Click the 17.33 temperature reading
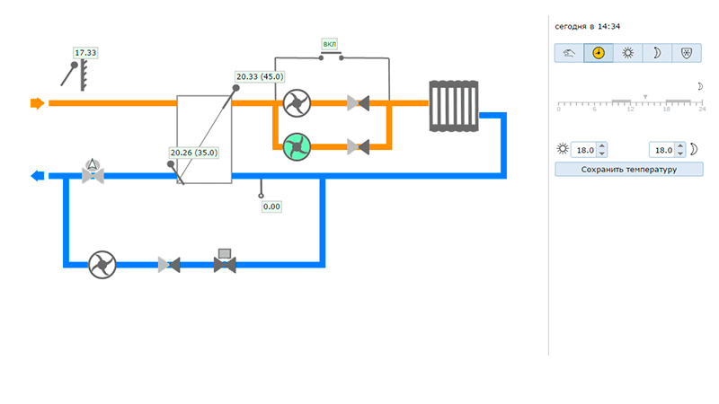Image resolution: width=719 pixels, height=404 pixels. (x=85, y=53)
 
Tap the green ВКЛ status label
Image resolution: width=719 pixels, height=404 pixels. (x=330, y=43)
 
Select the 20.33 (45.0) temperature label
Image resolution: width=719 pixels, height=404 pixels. (x=260, y=77)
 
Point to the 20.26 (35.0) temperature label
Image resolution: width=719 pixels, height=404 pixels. (x=194, y=153)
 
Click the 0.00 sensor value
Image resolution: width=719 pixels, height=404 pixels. (x=271, y=206)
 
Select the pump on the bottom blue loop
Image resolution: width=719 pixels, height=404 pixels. (x=102, y=264)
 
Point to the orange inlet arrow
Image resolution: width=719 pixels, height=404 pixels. (x=37, y=103)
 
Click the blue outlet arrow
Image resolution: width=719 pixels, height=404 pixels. (x=37, y=176)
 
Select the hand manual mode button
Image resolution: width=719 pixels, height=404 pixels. (x=569, y=53)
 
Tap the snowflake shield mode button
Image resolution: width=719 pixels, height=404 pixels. (x=688, y=53)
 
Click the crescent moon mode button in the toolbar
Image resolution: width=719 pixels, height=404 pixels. (x=658, y=53)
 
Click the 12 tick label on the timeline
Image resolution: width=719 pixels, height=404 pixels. (x=630, y=109)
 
